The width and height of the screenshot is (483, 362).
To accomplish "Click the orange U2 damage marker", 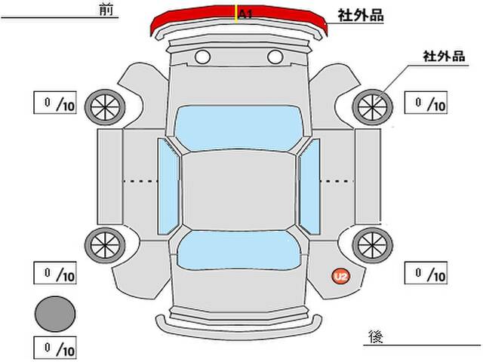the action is coord(341,276).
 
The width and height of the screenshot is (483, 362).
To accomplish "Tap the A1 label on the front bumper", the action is coord(245,14).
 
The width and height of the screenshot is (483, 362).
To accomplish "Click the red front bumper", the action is coord(238,18).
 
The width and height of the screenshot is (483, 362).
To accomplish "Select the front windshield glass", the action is coord(238,127).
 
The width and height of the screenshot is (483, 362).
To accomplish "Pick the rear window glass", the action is coord(238,250).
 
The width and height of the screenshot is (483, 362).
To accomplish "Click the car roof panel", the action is coord(238,191).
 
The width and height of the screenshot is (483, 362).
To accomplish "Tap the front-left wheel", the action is coord(105,107).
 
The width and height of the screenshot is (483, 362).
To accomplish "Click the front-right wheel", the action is coord(372,107).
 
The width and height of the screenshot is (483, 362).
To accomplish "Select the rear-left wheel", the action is coord(105,245).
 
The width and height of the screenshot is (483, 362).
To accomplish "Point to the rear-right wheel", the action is coord(372,245).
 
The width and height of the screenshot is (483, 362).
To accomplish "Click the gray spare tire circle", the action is coord(55,314).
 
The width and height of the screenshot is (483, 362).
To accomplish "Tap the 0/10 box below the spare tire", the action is coord(55,348).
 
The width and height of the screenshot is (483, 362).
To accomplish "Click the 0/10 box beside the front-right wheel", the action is coord(426,103).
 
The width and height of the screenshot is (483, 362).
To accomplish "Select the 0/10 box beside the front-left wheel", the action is coord(55,103).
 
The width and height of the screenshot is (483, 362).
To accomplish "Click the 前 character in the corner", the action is coord(106,9).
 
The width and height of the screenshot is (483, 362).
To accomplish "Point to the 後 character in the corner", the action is coord(376,337).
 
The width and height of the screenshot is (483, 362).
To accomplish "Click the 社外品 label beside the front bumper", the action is coord(361,15).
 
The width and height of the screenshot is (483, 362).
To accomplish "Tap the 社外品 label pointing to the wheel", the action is coord(444,57).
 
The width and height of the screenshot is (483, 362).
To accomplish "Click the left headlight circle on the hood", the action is coord(203,57).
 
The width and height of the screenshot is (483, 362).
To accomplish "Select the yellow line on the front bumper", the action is coord(236,14).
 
